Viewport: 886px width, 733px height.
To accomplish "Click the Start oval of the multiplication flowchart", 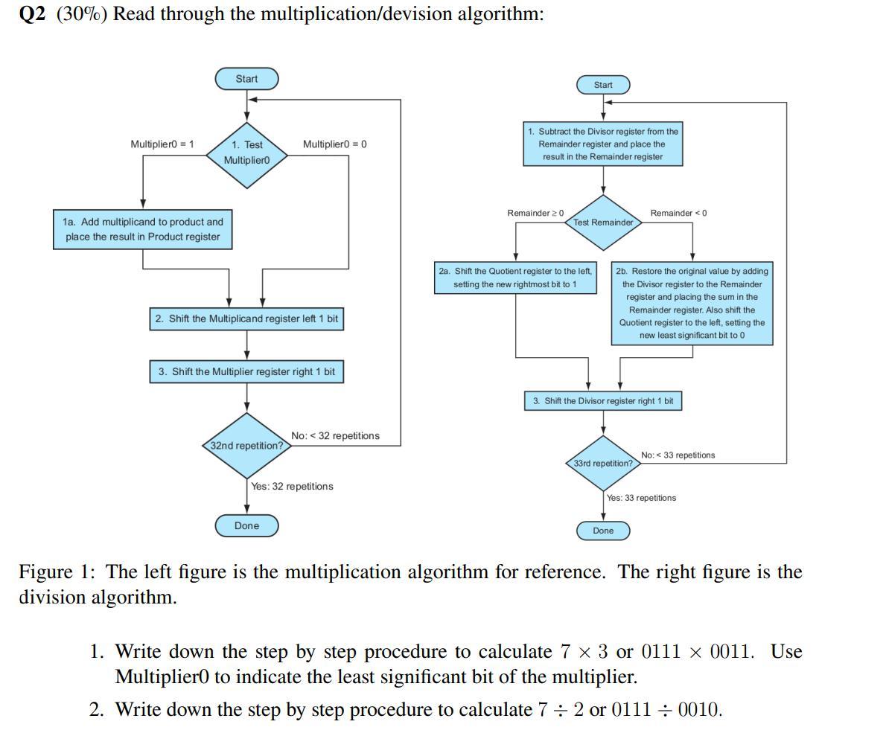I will coord(246,79).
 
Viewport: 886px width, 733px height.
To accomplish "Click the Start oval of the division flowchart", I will coord(603,85).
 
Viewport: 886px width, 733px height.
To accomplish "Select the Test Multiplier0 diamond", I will coord(246,153).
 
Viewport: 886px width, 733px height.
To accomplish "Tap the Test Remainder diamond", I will coord(603,223).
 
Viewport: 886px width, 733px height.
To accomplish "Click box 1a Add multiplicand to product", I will coord(143,229).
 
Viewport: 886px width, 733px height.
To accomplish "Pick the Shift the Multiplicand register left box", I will coord(246,319).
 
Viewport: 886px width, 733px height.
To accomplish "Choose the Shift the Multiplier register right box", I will coord(246,371).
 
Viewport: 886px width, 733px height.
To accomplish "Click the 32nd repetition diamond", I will coord(246,446).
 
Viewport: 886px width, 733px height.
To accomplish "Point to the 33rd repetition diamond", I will coord(603,463).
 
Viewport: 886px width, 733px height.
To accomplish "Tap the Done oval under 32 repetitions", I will coord(246,525).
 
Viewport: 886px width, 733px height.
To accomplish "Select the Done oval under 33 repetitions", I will coord(603,531).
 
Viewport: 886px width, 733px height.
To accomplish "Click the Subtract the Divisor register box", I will coord(603,144).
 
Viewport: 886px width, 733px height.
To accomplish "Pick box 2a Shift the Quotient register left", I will coord(516,278).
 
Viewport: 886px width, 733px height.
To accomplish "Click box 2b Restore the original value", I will coord(692,303).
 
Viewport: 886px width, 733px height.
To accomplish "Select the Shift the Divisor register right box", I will coord(603,401).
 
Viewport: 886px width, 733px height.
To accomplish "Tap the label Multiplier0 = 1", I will coord(162,144).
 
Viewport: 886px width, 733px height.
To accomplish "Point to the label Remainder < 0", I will coord(678,214).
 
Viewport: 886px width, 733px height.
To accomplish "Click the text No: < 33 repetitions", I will coord(678,455).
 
